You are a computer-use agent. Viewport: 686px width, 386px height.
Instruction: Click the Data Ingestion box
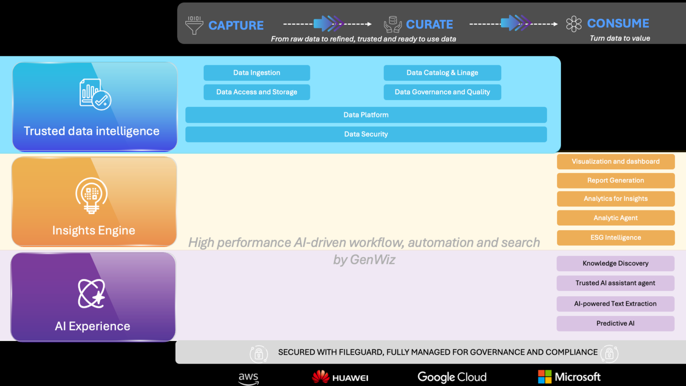click(x=257, y=73)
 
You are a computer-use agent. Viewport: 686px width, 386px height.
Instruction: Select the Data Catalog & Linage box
click(x=442, y=73)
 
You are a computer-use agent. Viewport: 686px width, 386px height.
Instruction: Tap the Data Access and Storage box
click(x=257, y=92)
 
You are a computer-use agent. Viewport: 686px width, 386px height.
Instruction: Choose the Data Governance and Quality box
click(x=442, y=92)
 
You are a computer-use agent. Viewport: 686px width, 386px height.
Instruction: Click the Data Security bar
click(x=366, y=134)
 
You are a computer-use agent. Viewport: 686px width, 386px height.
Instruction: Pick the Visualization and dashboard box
click(x=615, y=161)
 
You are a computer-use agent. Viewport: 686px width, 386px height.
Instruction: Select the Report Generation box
click(x=615, y=180)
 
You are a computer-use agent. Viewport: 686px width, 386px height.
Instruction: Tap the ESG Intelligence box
click(x=615, y=238)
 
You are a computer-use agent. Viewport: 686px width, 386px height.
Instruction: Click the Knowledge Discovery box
click(x=615, y=264)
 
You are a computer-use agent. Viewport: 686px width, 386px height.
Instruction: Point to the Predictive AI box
click(x=615, y=323)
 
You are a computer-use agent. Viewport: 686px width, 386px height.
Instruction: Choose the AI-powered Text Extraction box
click(x=615, y=304)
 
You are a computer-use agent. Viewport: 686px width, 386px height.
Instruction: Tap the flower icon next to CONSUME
click(x=573, y=24)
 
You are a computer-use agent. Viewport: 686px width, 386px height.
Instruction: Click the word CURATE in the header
click(x=429, y=25)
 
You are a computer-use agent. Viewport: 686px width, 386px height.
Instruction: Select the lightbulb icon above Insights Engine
click(x=91, y=195)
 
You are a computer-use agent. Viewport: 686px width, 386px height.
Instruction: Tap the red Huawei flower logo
click(x=320, y=377)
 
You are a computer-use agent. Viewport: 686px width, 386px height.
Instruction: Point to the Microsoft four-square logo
click(x=544, y=377)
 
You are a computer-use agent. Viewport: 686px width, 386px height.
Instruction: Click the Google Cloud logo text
click(x=452, y=377)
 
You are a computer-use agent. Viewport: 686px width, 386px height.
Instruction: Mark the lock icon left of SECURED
click(x=259, y=354)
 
